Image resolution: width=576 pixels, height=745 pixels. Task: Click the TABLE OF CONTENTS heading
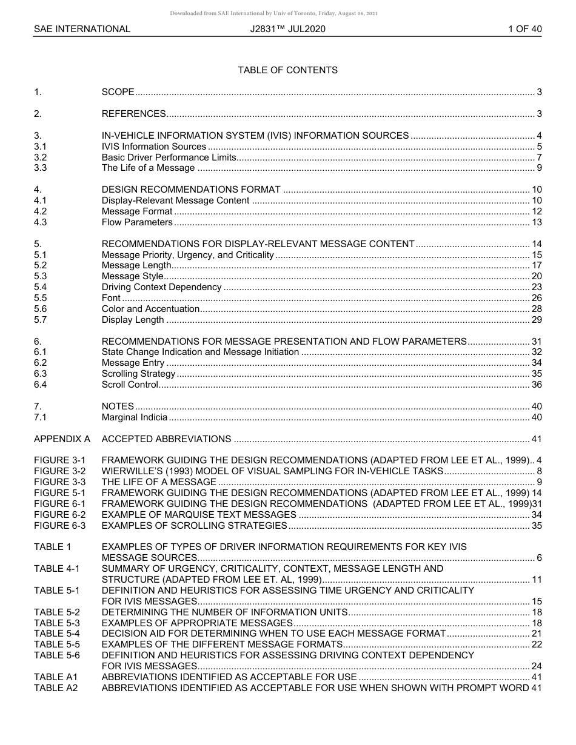pos(287,70)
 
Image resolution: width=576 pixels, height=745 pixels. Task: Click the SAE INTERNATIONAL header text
pos(82,28)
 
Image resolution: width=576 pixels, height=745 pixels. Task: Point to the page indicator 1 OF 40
pos(524,28)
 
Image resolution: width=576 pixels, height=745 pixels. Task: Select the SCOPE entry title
pos(118,92)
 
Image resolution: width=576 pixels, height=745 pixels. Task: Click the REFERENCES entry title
pos(133,114)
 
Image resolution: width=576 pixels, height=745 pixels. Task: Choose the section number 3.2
pos(40,157)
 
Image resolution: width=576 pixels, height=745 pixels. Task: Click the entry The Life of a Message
pos(148,168)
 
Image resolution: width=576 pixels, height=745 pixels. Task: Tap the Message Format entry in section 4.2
pos(137,211)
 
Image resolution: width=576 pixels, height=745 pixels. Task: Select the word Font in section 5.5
pos(111,298)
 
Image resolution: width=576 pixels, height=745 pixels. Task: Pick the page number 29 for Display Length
pos(536,320)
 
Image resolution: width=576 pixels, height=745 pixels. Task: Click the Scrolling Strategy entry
pos(138,374)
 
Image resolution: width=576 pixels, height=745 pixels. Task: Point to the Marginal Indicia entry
pos(134,417)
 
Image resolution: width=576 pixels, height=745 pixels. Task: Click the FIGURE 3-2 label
pos(59,471)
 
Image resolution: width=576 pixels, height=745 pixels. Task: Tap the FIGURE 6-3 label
pos(59,526)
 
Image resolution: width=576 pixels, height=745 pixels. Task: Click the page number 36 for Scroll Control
pos(536,385)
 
